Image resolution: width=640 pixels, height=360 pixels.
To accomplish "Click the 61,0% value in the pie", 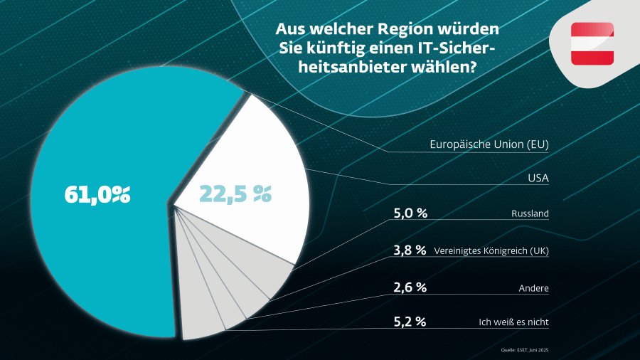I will pyautogui.click(x=97, y=194).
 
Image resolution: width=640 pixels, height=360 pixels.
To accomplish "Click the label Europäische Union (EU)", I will pyautogui.click(x=490, y=144).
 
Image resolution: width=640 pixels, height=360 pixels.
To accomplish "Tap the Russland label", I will pyautogui.click(x=530, y=213).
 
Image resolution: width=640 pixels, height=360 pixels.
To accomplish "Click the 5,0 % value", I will pyautogui.click(x=410, y=213).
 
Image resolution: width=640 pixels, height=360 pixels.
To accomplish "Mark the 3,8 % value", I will pyautogui.click(x=410, y=250).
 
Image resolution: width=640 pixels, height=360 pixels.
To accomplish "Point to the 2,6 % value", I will pyautogui.click(x=410, y=287).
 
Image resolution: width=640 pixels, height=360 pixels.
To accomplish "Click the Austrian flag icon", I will pyautogui.click(x=592, y=43).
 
